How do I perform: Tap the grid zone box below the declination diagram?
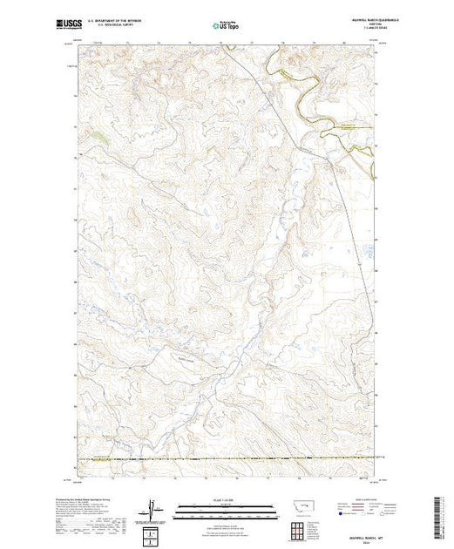point(155,532)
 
